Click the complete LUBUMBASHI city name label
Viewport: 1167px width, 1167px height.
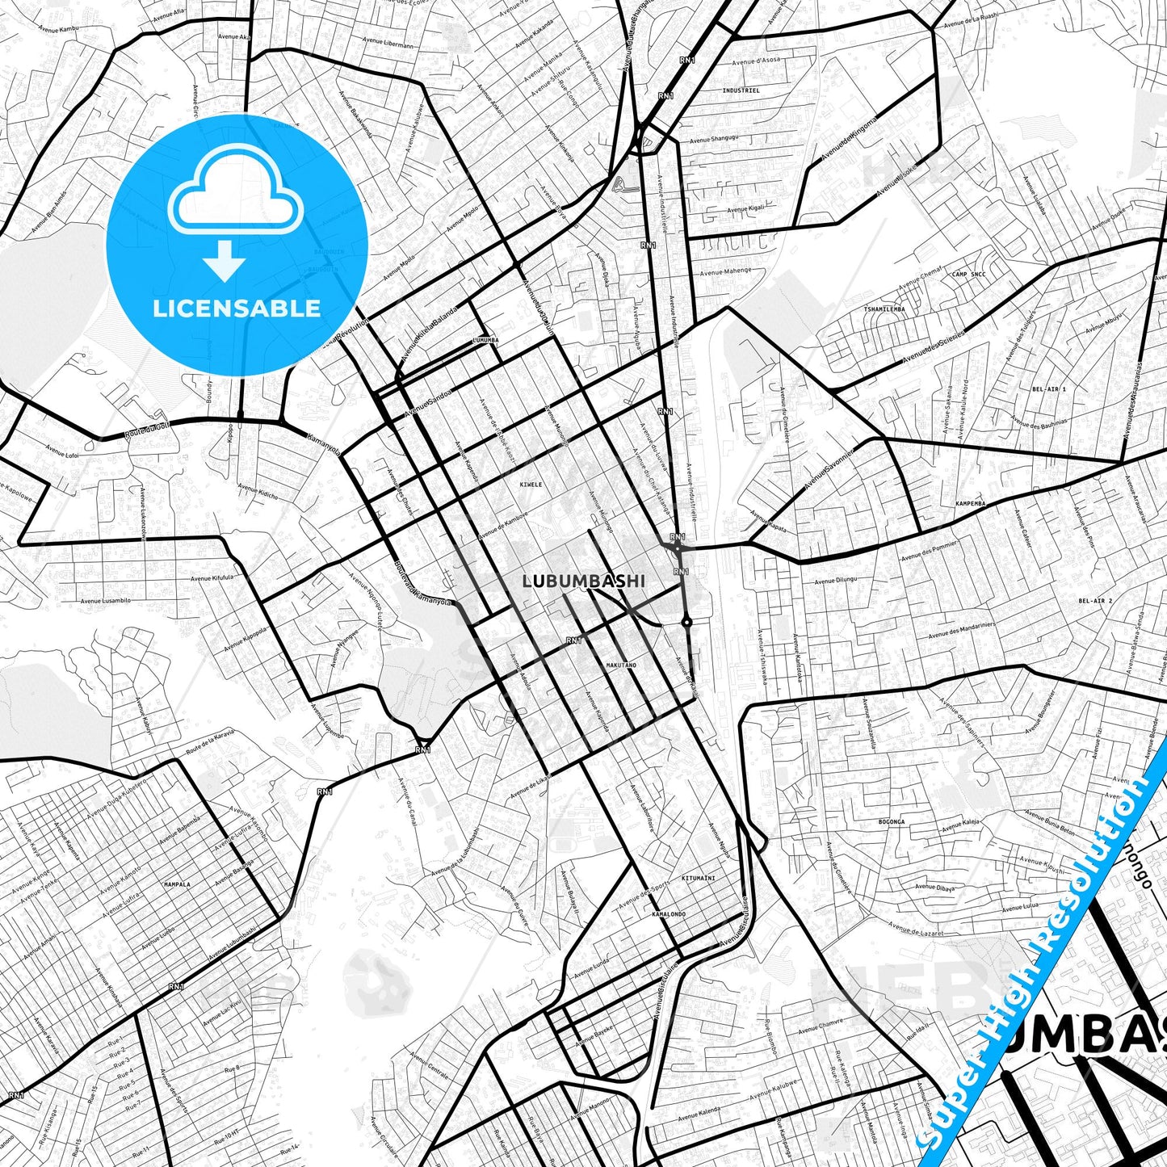(x=583, y=581)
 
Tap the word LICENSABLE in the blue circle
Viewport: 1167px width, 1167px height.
(x=237, y=308)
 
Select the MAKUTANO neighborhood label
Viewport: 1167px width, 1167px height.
(x=621, y=665)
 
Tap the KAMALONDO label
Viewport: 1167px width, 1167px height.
(x=669, y=914)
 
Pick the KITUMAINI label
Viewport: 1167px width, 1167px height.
(x=699, y=878)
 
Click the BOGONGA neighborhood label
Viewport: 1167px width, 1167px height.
(x=892, y=822)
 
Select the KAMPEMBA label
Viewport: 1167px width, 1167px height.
(x=970, y=504)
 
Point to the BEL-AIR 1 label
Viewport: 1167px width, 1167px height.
(x=1048, y=389)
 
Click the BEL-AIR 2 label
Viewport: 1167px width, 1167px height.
(x=1095, y=602)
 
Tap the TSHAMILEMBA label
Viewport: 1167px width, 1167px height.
(x=884, y=309)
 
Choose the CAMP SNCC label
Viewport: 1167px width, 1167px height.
(x=968, y=275)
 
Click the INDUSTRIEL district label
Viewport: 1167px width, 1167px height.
(x=741, y=91)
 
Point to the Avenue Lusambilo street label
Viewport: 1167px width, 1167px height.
(x=106, y=601)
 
